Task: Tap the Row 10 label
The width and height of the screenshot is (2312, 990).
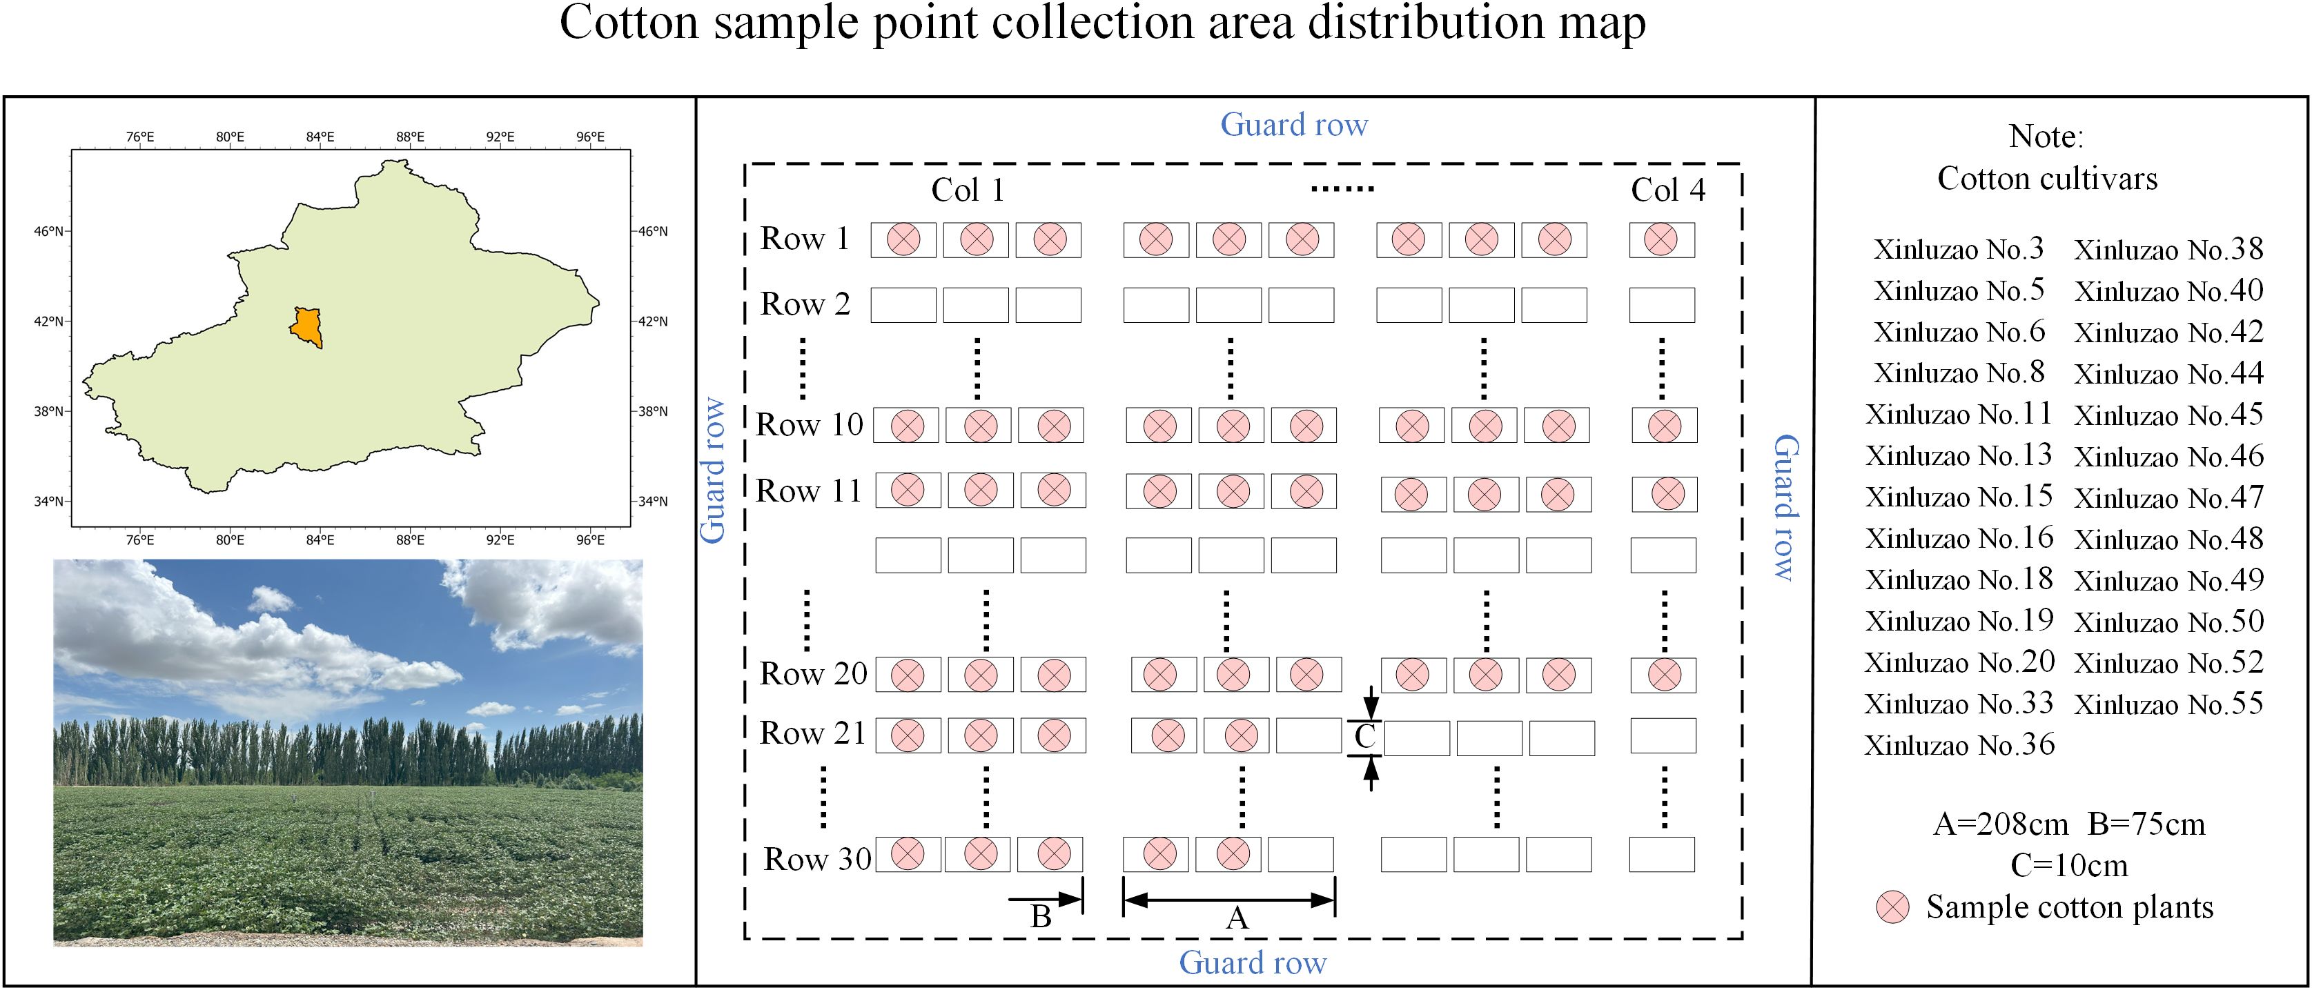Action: point(809,424)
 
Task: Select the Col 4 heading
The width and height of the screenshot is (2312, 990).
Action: point(1667,190)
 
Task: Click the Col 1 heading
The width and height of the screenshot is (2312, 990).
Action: point(968,190)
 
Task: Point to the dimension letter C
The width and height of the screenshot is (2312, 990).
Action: point(1365,737)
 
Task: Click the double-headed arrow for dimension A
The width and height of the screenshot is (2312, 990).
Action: point(1228,900)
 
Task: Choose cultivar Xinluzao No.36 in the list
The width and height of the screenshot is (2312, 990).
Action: point(1959,745)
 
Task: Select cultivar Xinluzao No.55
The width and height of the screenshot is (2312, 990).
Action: point(2168,704)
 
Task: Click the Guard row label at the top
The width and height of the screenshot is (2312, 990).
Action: point(1293,125)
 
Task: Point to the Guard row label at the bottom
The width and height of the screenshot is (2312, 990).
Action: point(1252,962)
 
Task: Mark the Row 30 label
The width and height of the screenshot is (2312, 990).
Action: point(816,859)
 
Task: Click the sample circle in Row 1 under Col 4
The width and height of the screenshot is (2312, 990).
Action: point(1661,239)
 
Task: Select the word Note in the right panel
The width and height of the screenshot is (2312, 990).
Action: point(2044,137)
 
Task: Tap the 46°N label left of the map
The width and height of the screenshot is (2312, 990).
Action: point(48,232)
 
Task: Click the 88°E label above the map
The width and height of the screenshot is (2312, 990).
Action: point(410,137)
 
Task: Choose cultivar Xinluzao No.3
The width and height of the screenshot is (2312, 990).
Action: point(1959,248)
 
